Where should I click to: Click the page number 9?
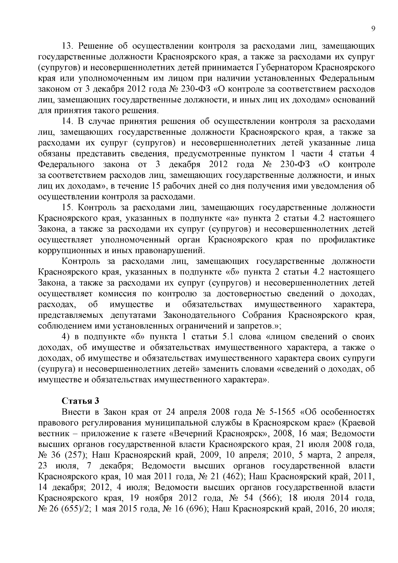pos(373,29)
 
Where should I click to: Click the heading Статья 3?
pos(81,401)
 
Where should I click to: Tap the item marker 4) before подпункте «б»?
pos(66,337)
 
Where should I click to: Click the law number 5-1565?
pos(281,412)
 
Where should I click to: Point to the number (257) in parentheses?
pos(71,455)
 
